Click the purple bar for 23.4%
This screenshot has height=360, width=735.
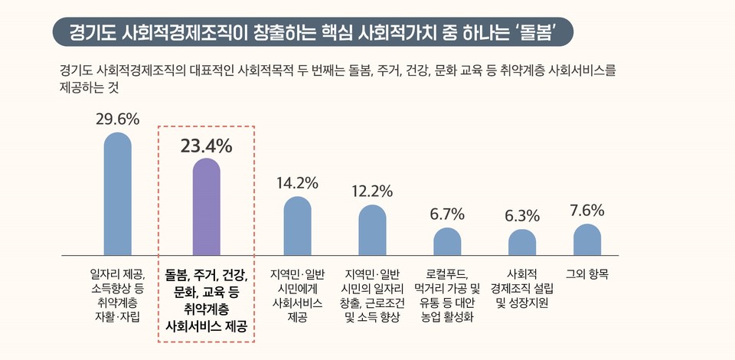click(x=206, y=207)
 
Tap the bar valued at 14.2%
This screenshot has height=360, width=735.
click(x=297, y=226)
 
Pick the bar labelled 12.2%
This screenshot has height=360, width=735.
click(x=373, y=230)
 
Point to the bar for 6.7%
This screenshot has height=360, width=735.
click(x=447, y=241)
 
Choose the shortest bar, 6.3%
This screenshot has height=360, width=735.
click(x=522, y=242)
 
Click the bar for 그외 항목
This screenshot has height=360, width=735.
click(x=587, y=239)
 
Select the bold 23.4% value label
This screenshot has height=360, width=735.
click(x=206, y=146)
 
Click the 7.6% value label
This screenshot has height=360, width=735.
click(x=587, y=210)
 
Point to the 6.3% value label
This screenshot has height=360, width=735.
click(x=522, y=216)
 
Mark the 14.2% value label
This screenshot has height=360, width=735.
click(x=297, y=183)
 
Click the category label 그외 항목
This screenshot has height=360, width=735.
click(x=587, y=273)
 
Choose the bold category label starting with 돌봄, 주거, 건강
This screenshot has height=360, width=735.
click(x=206, y=299)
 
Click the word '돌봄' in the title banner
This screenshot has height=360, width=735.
click(x=536, y=31)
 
